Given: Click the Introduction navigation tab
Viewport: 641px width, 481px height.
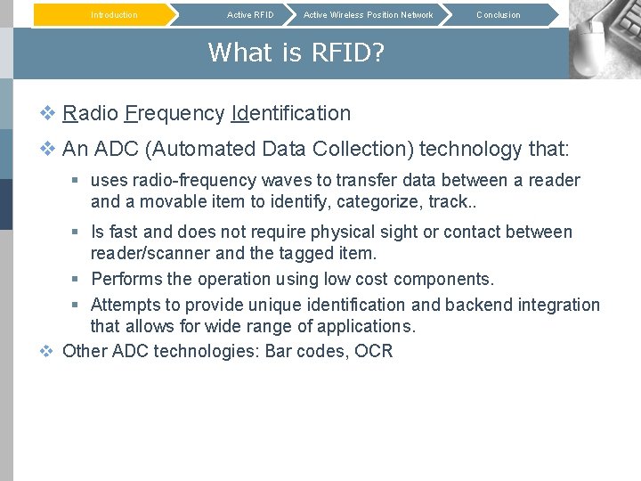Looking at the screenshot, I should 114,15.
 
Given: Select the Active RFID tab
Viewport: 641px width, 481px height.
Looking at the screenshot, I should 250,15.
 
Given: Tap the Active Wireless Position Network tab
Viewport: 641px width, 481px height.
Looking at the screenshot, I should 368,15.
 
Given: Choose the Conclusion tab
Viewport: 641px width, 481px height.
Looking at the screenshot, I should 498,15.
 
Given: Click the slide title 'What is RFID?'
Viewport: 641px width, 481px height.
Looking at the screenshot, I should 296,53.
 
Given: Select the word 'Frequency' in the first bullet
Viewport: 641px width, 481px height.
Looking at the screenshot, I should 174,114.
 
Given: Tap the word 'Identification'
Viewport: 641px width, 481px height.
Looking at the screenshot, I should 290,114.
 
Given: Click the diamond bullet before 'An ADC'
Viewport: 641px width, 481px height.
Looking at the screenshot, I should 48,149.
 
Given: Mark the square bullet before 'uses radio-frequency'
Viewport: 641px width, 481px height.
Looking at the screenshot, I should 77,181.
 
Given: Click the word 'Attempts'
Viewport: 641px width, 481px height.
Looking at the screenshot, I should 126,305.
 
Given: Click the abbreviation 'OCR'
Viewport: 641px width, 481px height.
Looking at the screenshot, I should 373,351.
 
